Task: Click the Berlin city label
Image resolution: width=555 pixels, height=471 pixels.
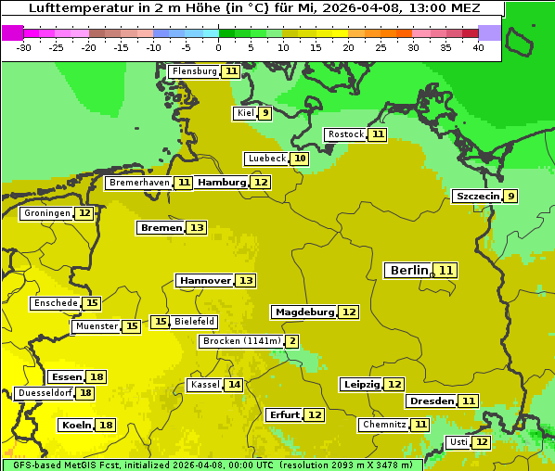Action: click(x=408, y=270)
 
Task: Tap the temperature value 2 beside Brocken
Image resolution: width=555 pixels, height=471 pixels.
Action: click(x=292, y=341)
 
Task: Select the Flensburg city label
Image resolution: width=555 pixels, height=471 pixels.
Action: click(x=194, y=71)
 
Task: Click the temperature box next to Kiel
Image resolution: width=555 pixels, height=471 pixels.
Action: click(x=265, y=113)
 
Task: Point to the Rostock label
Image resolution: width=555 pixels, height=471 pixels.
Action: click(x=345, y=134)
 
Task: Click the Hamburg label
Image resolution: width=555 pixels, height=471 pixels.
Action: click(x=221, y=183)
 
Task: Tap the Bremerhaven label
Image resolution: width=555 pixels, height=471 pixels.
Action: click(x=139, y=183)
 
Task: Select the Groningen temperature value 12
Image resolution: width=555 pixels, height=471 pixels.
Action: click(x=84, y=213)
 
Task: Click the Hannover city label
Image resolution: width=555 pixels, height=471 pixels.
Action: click(x=204, y=280)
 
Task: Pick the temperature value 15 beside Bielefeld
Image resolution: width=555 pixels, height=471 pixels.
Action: click(x=161, y=322)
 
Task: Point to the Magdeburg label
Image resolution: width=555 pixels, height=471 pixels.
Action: click(x=303, y=312)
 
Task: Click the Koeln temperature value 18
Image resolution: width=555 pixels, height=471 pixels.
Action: click(x=106, y=425)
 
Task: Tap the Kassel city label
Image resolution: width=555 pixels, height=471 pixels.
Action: click(x=203, y=385)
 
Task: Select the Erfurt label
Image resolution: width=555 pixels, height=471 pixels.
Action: click(x=283, y=414)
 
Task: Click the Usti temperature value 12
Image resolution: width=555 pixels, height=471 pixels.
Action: click(x=482, y=442)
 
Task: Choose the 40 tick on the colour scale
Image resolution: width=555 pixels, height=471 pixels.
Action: click(x=478, y=47)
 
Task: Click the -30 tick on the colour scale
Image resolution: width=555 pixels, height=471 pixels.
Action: click(x=24, y=47)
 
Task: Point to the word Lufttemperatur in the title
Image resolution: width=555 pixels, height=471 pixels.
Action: click(x=72, y=7)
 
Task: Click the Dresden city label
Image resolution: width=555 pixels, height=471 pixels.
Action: click(x=432, y=401)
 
